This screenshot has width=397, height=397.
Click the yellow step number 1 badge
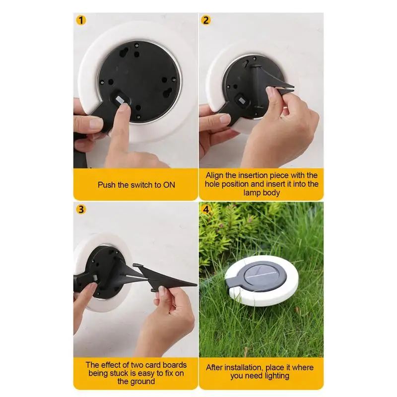[x=81, y=20]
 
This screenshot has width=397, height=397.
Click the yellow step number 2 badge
[x=206, y=20]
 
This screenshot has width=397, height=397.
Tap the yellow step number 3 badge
[x=81, y=209]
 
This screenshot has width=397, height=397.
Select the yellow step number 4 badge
[x=206, y=209]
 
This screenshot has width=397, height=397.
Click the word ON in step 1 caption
[x=169, y=185]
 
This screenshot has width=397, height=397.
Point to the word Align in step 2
[x=214, y=176]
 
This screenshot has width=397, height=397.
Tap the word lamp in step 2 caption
[x=252, y=193]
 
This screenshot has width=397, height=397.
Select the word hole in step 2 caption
[x=212, y=184]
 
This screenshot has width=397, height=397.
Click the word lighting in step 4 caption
[x=275, y=376]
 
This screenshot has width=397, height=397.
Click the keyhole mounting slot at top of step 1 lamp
[x=123, y=54]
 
